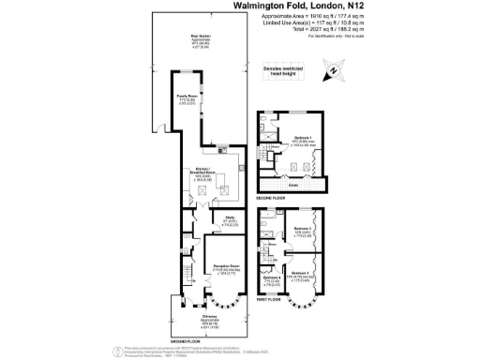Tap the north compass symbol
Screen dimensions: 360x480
tap(333, 71)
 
